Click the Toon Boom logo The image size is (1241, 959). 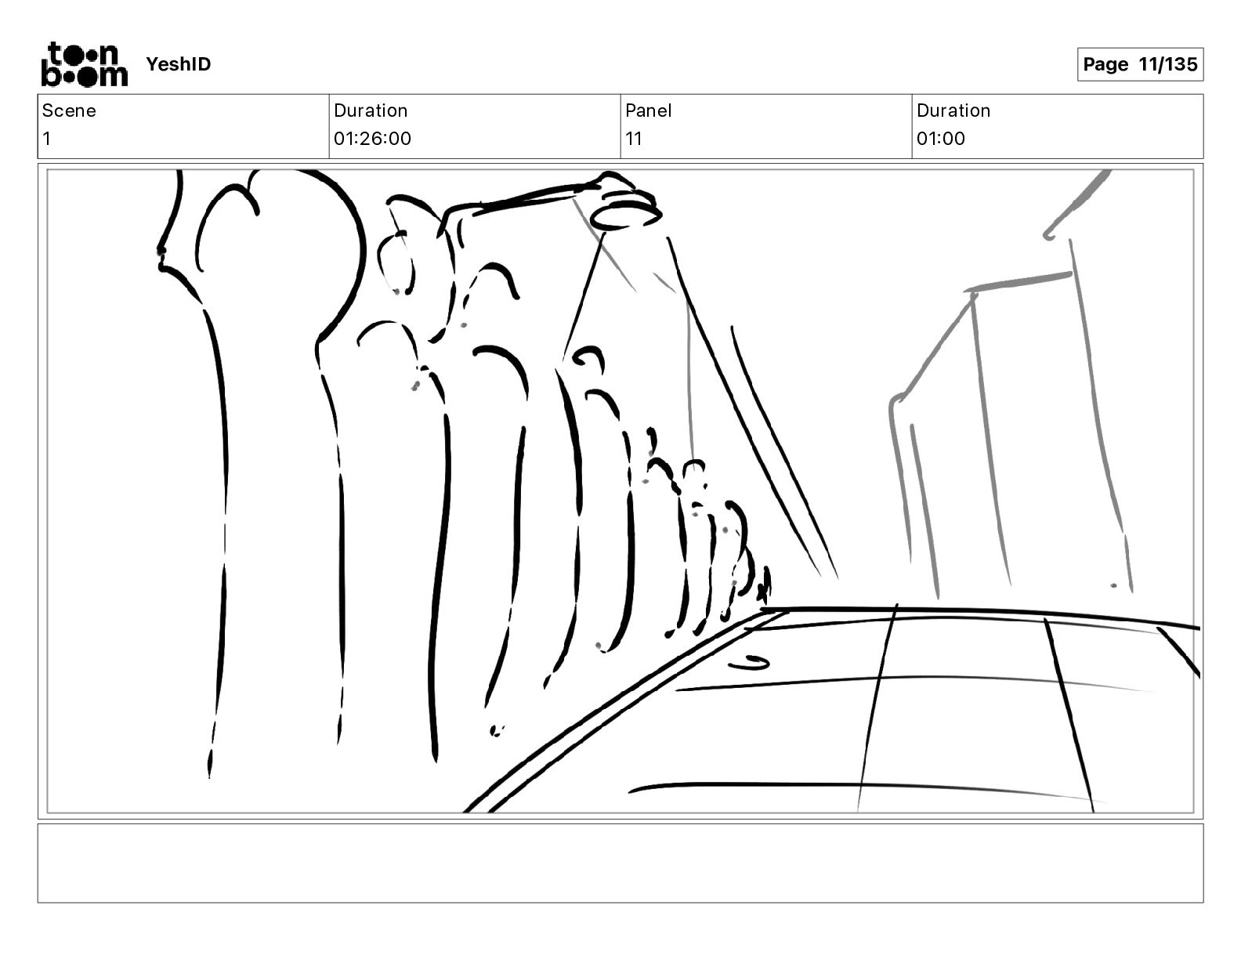tap(85, 64)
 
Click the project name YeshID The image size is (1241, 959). tap(178, 64)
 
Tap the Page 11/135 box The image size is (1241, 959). tap(1140, 64)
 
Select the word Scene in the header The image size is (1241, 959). tap(69, 110)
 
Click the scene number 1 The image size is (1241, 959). tap(47, 138)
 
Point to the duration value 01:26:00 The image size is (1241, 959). tap(372, 138)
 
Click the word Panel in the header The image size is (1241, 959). tap(648, 110)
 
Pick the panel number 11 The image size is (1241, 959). tap(634, 138)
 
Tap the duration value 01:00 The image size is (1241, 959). tap(941, 138)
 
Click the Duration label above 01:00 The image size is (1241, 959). tap(953, 110)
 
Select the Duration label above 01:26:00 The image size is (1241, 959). tap(371, 110)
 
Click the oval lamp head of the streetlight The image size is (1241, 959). tap(625, 217)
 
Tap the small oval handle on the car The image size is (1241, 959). tap(749, 663)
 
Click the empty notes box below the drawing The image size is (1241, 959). tap(620, 863)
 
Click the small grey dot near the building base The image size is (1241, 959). tap(1113, 585)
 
